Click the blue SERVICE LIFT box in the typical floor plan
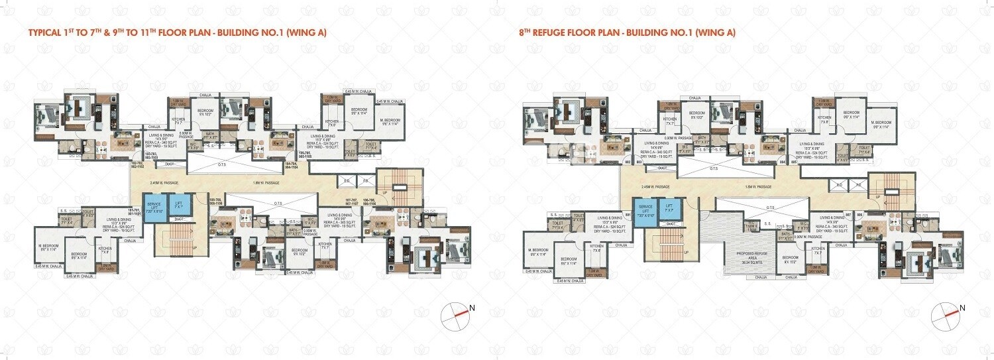coord(154,206)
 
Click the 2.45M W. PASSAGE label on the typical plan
coord(163,182)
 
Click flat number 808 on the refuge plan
coord(858,214)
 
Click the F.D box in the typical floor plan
coord(364,180)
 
